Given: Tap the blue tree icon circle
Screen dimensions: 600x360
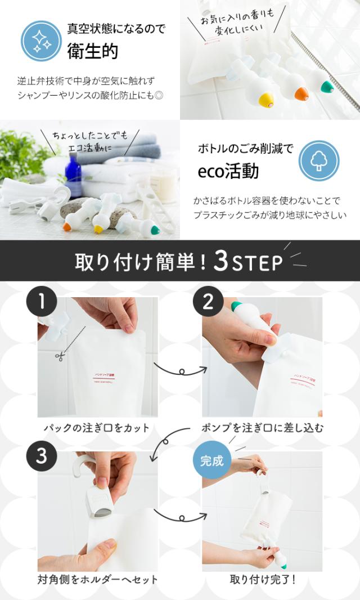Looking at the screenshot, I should coord(319,160).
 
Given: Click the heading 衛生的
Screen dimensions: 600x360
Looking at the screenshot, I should coord(93,51).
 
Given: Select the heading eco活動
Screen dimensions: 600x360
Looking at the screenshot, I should coord(228,171).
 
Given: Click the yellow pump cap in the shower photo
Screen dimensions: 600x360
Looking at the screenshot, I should coord(265,100).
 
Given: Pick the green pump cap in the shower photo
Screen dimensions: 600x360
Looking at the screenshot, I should coord(327,87).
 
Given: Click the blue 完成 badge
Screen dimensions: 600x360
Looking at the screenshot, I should coord(211,461).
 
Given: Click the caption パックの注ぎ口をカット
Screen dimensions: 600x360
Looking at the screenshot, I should coord(97,428).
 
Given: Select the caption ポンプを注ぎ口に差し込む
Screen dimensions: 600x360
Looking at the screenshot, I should coord(263,428).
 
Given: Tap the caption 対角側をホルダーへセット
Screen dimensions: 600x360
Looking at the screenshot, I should coord(98,579).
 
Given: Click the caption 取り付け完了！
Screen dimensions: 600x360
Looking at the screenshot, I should coord(263,579).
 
